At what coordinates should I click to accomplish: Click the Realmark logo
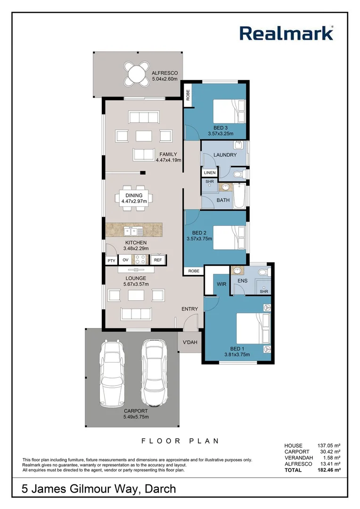point(287,33)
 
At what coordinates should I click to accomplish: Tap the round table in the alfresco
point(137,74)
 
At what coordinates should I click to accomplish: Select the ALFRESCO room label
point(164,74)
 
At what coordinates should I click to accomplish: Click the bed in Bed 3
point(229,112)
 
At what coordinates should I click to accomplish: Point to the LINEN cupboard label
point(210,173)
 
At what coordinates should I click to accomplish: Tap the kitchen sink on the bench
point(133,230)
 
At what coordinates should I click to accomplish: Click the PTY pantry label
point(111,260)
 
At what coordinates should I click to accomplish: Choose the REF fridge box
point(157,260)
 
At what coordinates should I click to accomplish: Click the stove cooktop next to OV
point(141,260)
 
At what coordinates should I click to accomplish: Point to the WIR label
point(221,285)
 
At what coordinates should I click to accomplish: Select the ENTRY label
point(190,309)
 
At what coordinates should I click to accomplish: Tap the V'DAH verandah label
point(190,343)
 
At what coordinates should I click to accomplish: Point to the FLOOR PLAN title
point(180,441)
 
